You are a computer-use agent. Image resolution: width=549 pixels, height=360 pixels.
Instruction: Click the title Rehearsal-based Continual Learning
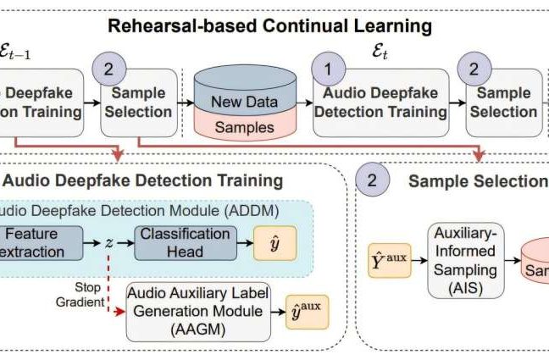269,25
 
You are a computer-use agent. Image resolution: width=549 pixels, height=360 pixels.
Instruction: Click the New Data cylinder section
247,102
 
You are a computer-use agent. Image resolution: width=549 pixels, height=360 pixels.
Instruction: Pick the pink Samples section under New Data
247,127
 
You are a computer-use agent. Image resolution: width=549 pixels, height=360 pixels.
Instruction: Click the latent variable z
109,242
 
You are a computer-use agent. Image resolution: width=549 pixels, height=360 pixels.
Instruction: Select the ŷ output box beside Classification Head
274,242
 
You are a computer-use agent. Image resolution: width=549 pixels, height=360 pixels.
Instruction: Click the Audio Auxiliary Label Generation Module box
198,310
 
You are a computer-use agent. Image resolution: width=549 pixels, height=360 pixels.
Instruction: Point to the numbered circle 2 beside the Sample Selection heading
372,180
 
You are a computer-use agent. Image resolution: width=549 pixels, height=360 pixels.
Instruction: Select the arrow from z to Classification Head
125,242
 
